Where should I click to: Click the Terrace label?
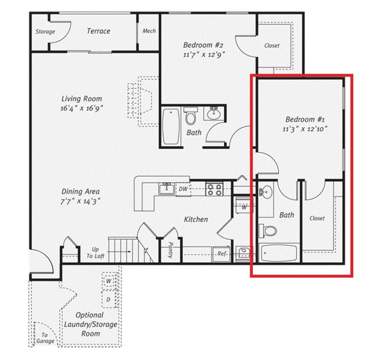(x=98, y=31)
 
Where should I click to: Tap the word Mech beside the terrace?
(x=149, y=31)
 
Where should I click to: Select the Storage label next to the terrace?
(x=45, y=32)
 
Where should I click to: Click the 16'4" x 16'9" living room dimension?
(x=82, y=109)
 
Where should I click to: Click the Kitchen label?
(x=196, y=219)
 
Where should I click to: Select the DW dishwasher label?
(x=183, y=189)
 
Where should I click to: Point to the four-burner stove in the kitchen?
(x=214, y=189)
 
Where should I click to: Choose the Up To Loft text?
(x=95, y=252)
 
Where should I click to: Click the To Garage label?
(x=44, y=338)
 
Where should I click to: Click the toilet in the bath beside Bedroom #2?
(x=191, y=117)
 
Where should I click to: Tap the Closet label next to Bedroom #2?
(x=272, y=46)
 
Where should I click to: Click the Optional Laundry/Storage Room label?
(x=90, y=324)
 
